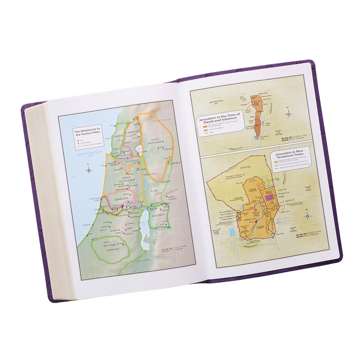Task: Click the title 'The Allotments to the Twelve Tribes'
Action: click(x=88, y=132)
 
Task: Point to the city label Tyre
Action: click(x=112, y=125)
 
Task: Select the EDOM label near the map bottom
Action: click(x=143, y=261)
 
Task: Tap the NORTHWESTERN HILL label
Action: click(x=217, y=103)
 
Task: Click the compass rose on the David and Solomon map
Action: click(x=289, y=114)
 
